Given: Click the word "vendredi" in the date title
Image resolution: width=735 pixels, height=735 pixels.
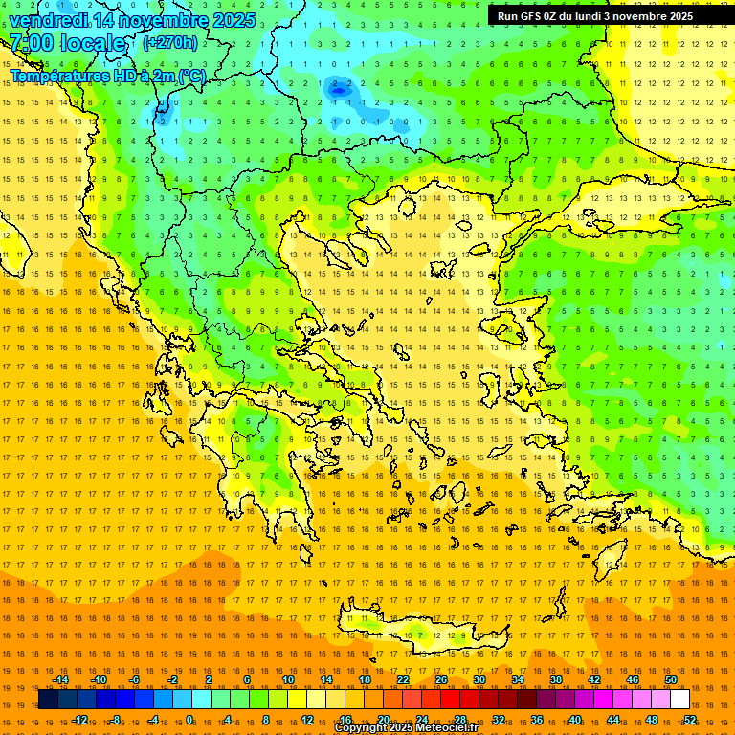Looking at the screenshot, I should pyautogui.click(x=49, y=20).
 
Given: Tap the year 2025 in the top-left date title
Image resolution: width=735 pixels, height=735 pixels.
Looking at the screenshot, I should pyautogui.click(x=234, y=20).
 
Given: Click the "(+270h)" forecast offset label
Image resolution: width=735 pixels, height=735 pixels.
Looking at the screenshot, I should pyautogui.click(x=170, y=42).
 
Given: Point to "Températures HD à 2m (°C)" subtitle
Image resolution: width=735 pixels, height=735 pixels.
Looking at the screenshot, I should pyautogui.click(x=107, y=75).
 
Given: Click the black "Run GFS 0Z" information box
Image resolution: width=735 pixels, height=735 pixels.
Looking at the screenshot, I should pyautogui.click(x=603, y=16).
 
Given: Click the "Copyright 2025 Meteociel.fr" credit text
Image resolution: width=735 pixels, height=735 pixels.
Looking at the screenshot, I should pyautogui.click(x=406, y=728).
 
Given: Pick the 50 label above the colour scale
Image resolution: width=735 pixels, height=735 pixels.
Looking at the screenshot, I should pyautogui.click(x=671, y=679).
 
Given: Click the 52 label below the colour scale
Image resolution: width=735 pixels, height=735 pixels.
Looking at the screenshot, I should pyautogui.click(x=690, y=720).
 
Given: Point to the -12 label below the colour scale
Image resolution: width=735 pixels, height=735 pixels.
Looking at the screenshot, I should pyautogui.click(x=79, y=720).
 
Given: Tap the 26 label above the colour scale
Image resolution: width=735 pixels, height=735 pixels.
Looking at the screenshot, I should pyautogui.click(x=441, y=679).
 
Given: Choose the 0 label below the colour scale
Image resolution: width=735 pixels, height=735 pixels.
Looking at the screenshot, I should pyautogui.click(x=189, y=720).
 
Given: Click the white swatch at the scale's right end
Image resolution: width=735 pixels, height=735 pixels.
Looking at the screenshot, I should pyautogui.click(x=679, y=700).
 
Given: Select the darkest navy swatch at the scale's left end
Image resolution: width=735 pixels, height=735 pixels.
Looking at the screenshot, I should pyautogui.click(x=48, y=700).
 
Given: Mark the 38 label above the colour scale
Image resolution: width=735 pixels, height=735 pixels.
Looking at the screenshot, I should pyautogui.click(x=556, y=679).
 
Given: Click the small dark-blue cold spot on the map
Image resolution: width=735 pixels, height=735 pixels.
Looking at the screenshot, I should pyautogui.click(x=338, y=89).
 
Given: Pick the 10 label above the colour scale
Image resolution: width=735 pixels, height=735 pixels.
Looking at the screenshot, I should pyautogui.click(x=288, y=679).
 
